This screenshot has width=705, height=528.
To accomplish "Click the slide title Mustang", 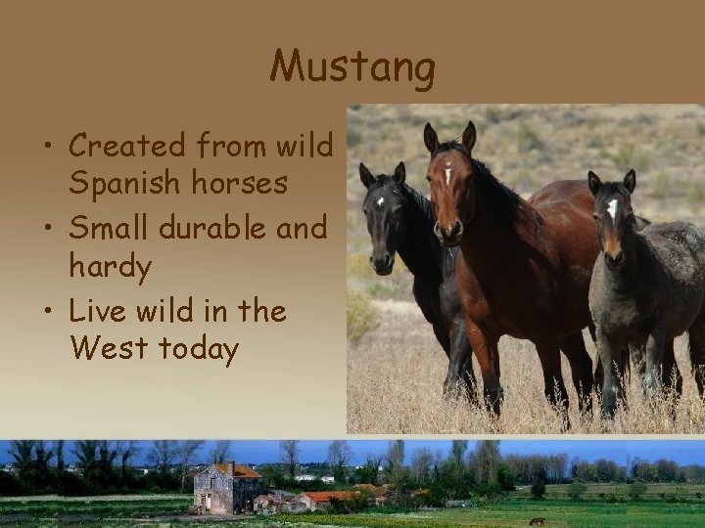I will [x=352, y=67].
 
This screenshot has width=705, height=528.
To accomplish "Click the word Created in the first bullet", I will [x=126, y=148].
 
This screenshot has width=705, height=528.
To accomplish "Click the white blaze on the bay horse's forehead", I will [x=447, y=176].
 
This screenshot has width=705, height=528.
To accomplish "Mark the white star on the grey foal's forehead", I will [x=612, y=207].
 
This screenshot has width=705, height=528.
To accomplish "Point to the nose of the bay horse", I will [x=447, y=231].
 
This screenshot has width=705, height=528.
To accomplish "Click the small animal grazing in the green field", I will [x=537, y=520].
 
